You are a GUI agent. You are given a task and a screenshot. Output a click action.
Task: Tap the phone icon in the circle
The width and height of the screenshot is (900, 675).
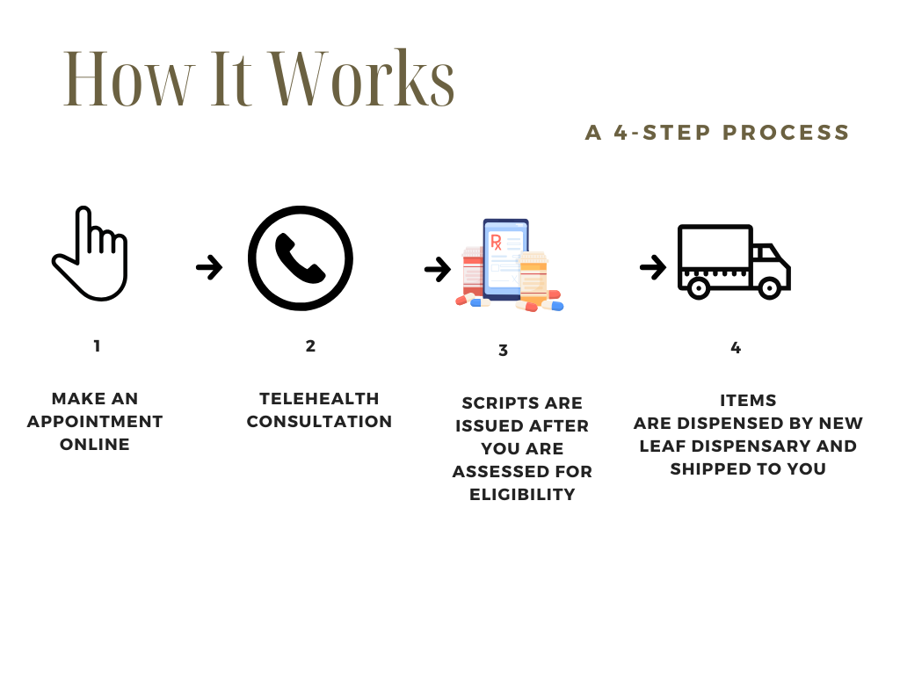pyautogui.click(x=300, y=258)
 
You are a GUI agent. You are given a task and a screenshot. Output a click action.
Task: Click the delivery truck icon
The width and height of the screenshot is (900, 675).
pyautogui.click(x=733, y=262)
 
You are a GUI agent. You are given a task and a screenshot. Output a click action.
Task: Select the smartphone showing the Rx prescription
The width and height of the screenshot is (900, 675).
pyautogui.click(x=505, y=259)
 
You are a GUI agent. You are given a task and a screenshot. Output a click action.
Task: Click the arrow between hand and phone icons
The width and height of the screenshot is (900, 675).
pyautogui.click(x=209, y=266)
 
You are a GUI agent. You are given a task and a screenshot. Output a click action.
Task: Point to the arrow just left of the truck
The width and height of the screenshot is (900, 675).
pyautogui.click(x=652, y=266)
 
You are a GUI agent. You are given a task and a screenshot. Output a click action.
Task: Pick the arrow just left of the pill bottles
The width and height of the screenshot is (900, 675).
pyautogui.click(x=437, y=269)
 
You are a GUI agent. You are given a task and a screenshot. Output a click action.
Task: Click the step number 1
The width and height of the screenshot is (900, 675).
pyautogui.click(x=97, y=346)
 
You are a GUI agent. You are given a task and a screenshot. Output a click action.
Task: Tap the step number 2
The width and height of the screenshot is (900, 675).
pyautogui.click(x=310, y=346)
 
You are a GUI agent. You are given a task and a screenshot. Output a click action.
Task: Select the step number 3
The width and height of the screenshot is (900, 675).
pyautogui.click(x=503, y=351)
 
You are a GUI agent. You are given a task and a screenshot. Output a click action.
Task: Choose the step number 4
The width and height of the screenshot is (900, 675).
pyautogui.click(x=736, y=348)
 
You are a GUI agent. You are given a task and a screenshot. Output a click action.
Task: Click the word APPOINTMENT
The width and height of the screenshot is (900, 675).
pyautogui.click(x=95, y=422)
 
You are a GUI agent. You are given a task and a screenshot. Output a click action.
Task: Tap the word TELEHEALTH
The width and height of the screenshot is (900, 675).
pyautogui.click(x=319, y=399)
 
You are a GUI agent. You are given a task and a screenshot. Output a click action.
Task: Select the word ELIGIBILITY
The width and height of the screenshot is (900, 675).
pyautogui.click(x=522, y=495)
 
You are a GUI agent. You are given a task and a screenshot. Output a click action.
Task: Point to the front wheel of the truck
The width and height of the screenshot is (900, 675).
pyautogui.click(x=770, y=287)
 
